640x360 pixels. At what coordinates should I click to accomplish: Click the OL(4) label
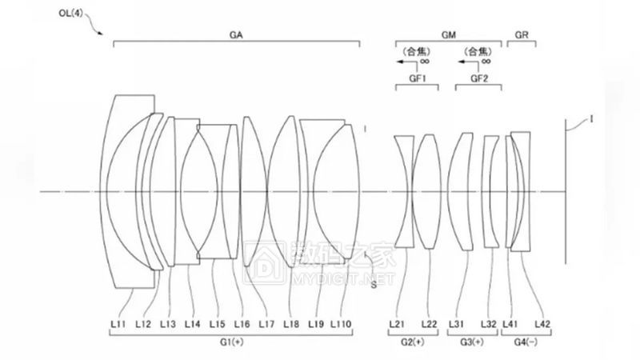70,13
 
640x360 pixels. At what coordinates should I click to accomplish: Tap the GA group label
236,34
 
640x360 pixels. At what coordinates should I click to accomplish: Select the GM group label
448,34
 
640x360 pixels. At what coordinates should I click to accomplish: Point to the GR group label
522,34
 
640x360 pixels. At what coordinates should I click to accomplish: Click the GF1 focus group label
417,78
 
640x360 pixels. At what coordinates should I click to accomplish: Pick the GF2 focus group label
479,78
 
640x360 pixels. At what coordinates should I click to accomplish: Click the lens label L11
118,324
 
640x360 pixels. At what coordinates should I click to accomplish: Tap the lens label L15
217,324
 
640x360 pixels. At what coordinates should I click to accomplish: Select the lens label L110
341,324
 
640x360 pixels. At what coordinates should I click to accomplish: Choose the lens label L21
397,324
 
